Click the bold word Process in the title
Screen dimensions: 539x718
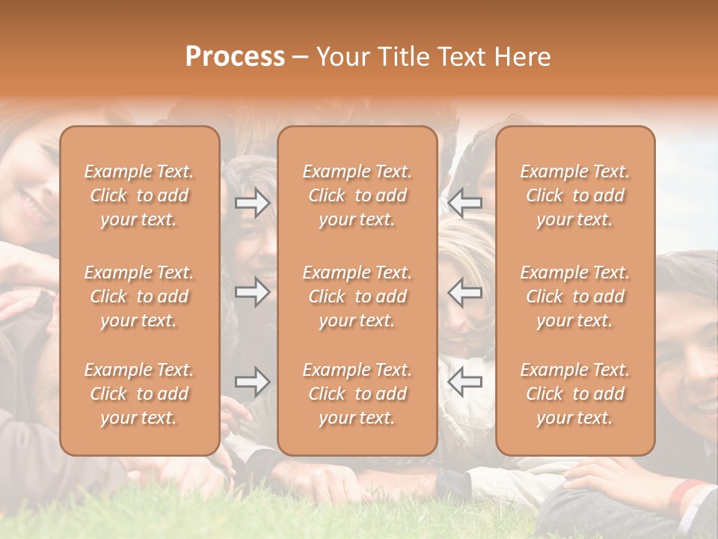235,57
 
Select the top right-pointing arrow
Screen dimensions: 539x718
252,202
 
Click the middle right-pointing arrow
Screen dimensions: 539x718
252,292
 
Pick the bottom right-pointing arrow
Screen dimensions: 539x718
252,383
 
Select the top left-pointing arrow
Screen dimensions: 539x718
464,202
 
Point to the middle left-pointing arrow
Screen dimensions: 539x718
464,292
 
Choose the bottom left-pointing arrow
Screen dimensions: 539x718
464,383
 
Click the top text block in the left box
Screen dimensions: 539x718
139,195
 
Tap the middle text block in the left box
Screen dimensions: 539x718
139,296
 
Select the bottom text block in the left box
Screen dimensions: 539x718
139,394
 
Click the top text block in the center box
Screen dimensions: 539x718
358,195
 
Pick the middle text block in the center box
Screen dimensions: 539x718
358,296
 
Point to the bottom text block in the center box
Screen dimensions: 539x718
358,394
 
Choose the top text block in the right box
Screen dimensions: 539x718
575,195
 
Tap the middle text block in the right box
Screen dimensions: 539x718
575,296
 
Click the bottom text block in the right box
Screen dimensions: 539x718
575,394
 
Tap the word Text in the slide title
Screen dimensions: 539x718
460,57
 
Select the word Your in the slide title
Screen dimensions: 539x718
343,57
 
